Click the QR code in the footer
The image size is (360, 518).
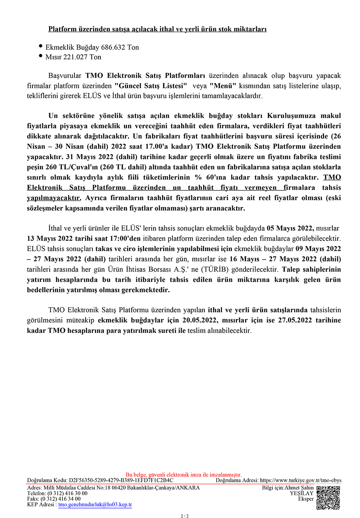[x=328, y=498]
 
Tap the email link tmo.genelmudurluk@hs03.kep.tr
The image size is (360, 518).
[x=95, y=505]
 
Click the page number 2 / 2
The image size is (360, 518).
[x=184, y=516]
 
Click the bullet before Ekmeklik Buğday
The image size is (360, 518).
[x=41, y=47]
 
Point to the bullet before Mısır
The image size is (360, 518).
[x=41, y=56]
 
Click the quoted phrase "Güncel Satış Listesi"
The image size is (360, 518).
[x=151, y=86]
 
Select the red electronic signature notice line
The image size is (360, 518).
[x=184, y=475]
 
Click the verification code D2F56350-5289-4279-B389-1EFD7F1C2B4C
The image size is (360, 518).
[x=121, y=480]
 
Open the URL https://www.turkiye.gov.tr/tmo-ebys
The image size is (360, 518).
[x=300, y=480]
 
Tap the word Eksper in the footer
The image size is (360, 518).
[x=306, y=499]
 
